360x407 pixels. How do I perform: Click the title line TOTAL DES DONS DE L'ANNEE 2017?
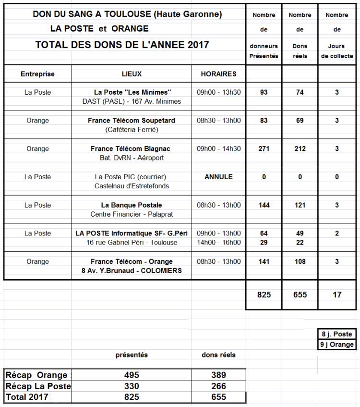coord(122,45)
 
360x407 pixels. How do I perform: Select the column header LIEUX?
coord(132,74)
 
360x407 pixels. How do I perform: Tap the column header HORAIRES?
coord(218,74)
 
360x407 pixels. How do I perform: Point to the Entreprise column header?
coord(37,74)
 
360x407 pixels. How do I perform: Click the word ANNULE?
coord(218,177)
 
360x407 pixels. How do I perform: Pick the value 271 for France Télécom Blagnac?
coord(264,149)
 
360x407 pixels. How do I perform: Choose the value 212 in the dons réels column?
coord(300,149)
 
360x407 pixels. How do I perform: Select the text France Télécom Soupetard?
coord(132,121)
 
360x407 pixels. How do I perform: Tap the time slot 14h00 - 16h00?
coord(219,242)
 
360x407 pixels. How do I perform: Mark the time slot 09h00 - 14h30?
coord(219,149)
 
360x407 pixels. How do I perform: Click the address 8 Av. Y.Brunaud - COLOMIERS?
coord(132,271)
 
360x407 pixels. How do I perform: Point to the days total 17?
coord(337,295)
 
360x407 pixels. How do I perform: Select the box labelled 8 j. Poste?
coord(337,334)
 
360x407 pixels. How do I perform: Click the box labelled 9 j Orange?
coord(337,344)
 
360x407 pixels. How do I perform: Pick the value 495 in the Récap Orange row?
coord(132,375)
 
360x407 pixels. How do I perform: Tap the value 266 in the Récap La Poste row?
coord(218,386)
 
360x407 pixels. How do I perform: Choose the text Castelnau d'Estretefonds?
coord(132,186)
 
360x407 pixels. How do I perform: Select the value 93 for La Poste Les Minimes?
coord(264,92)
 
